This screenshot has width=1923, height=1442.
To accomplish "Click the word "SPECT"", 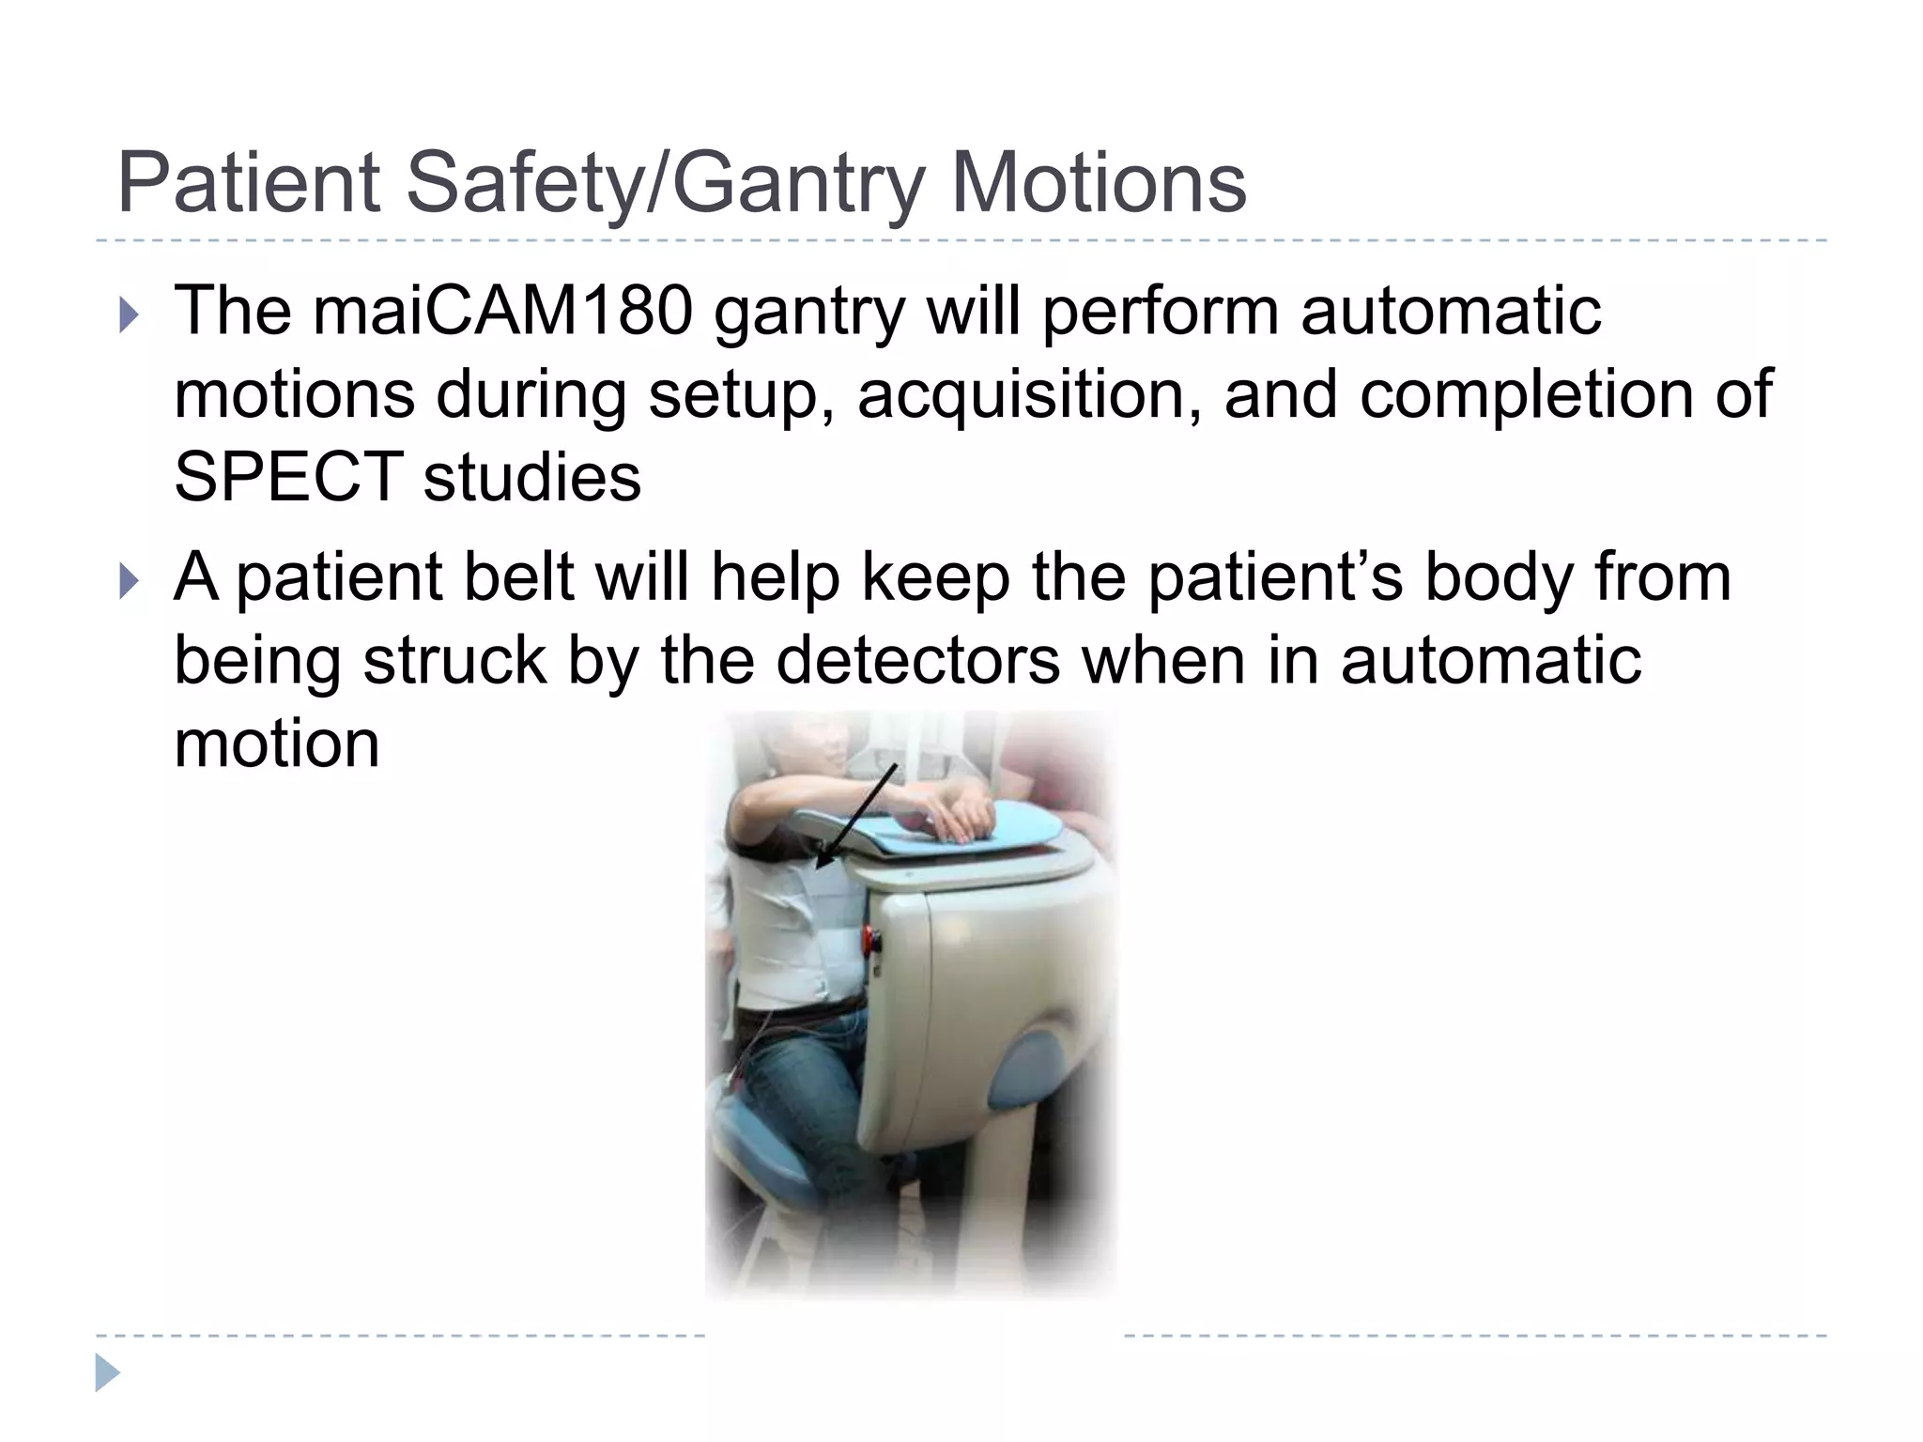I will (x=289, y=477).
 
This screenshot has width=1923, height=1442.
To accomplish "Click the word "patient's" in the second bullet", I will (x=1276, y=576).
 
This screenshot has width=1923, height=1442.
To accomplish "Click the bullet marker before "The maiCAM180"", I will (x=129, y=315).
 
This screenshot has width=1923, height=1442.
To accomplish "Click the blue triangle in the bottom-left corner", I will (x=107, y=1373).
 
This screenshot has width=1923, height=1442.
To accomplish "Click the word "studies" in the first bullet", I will (x=531, y=477).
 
